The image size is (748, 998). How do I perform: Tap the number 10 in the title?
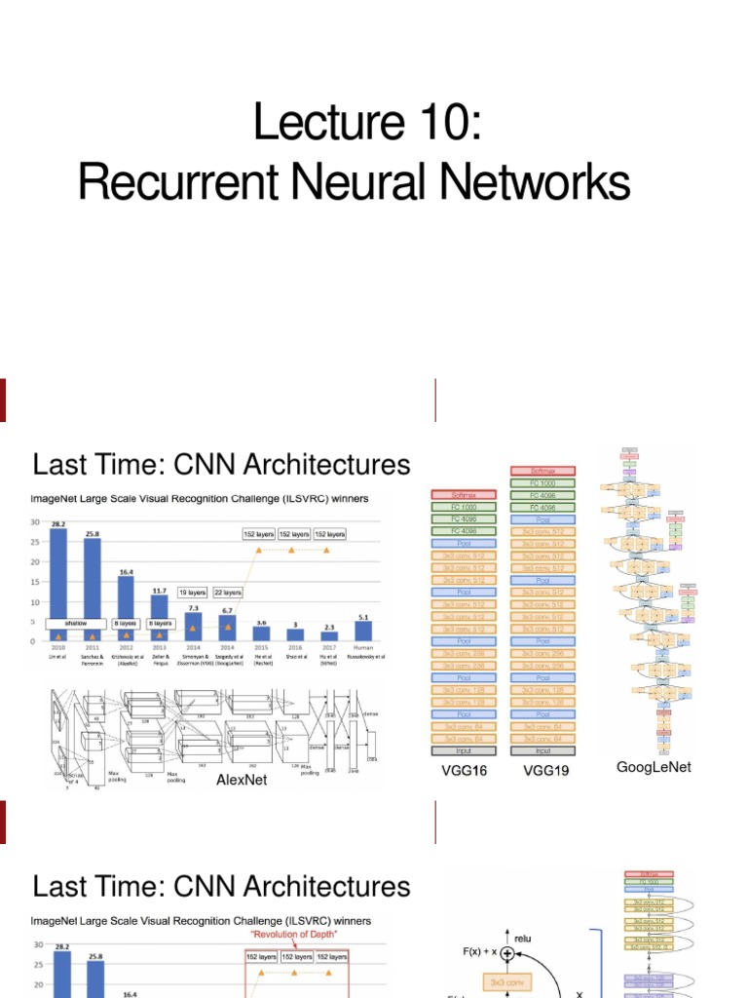click(441, 125)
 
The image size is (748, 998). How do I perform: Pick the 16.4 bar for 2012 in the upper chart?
click(126, 608)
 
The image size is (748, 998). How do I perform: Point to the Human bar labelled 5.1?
click(364, 632)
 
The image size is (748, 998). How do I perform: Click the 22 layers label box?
click(228, 592)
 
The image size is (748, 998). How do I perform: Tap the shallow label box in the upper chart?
click(76, 622)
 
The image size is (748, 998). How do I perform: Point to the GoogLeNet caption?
click(654, 767)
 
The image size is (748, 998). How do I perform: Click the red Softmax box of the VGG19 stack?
click(543, 472)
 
